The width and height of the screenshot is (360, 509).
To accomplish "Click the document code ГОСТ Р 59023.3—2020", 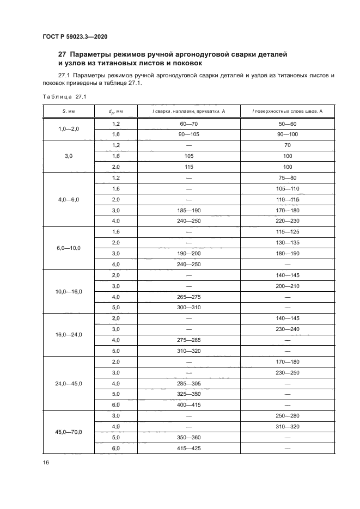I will point(75,36).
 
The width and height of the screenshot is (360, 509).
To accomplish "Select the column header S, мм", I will point(69,111).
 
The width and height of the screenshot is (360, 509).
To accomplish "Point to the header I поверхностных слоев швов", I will point(288,111).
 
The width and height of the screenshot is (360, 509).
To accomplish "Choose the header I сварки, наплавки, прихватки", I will point(189,111).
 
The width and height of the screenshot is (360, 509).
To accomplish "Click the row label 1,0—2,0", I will point(69,129).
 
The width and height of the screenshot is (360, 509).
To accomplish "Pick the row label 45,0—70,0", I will point(69,432).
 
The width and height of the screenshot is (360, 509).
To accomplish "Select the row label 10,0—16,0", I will point(69,292).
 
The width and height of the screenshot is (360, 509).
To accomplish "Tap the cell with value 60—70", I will point(189,124).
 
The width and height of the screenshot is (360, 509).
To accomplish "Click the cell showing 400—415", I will point(189,404).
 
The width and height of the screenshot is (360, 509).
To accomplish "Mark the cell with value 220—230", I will point(288,221).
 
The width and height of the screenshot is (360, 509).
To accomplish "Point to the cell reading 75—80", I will point(288,178).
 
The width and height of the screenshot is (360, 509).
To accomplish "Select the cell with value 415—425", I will point(189,448).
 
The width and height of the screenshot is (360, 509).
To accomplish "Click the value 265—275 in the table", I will point(189,297).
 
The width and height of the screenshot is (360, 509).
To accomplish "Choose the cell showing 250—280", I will point(288,415).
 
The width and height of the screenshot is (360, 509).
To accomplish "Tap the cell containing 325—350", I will point(189,394).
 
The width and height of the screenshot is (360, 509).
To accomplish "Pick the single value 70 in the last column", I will point(288,145).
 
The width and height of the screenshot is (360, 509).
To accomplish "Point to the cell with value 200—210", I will point(288,286).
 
